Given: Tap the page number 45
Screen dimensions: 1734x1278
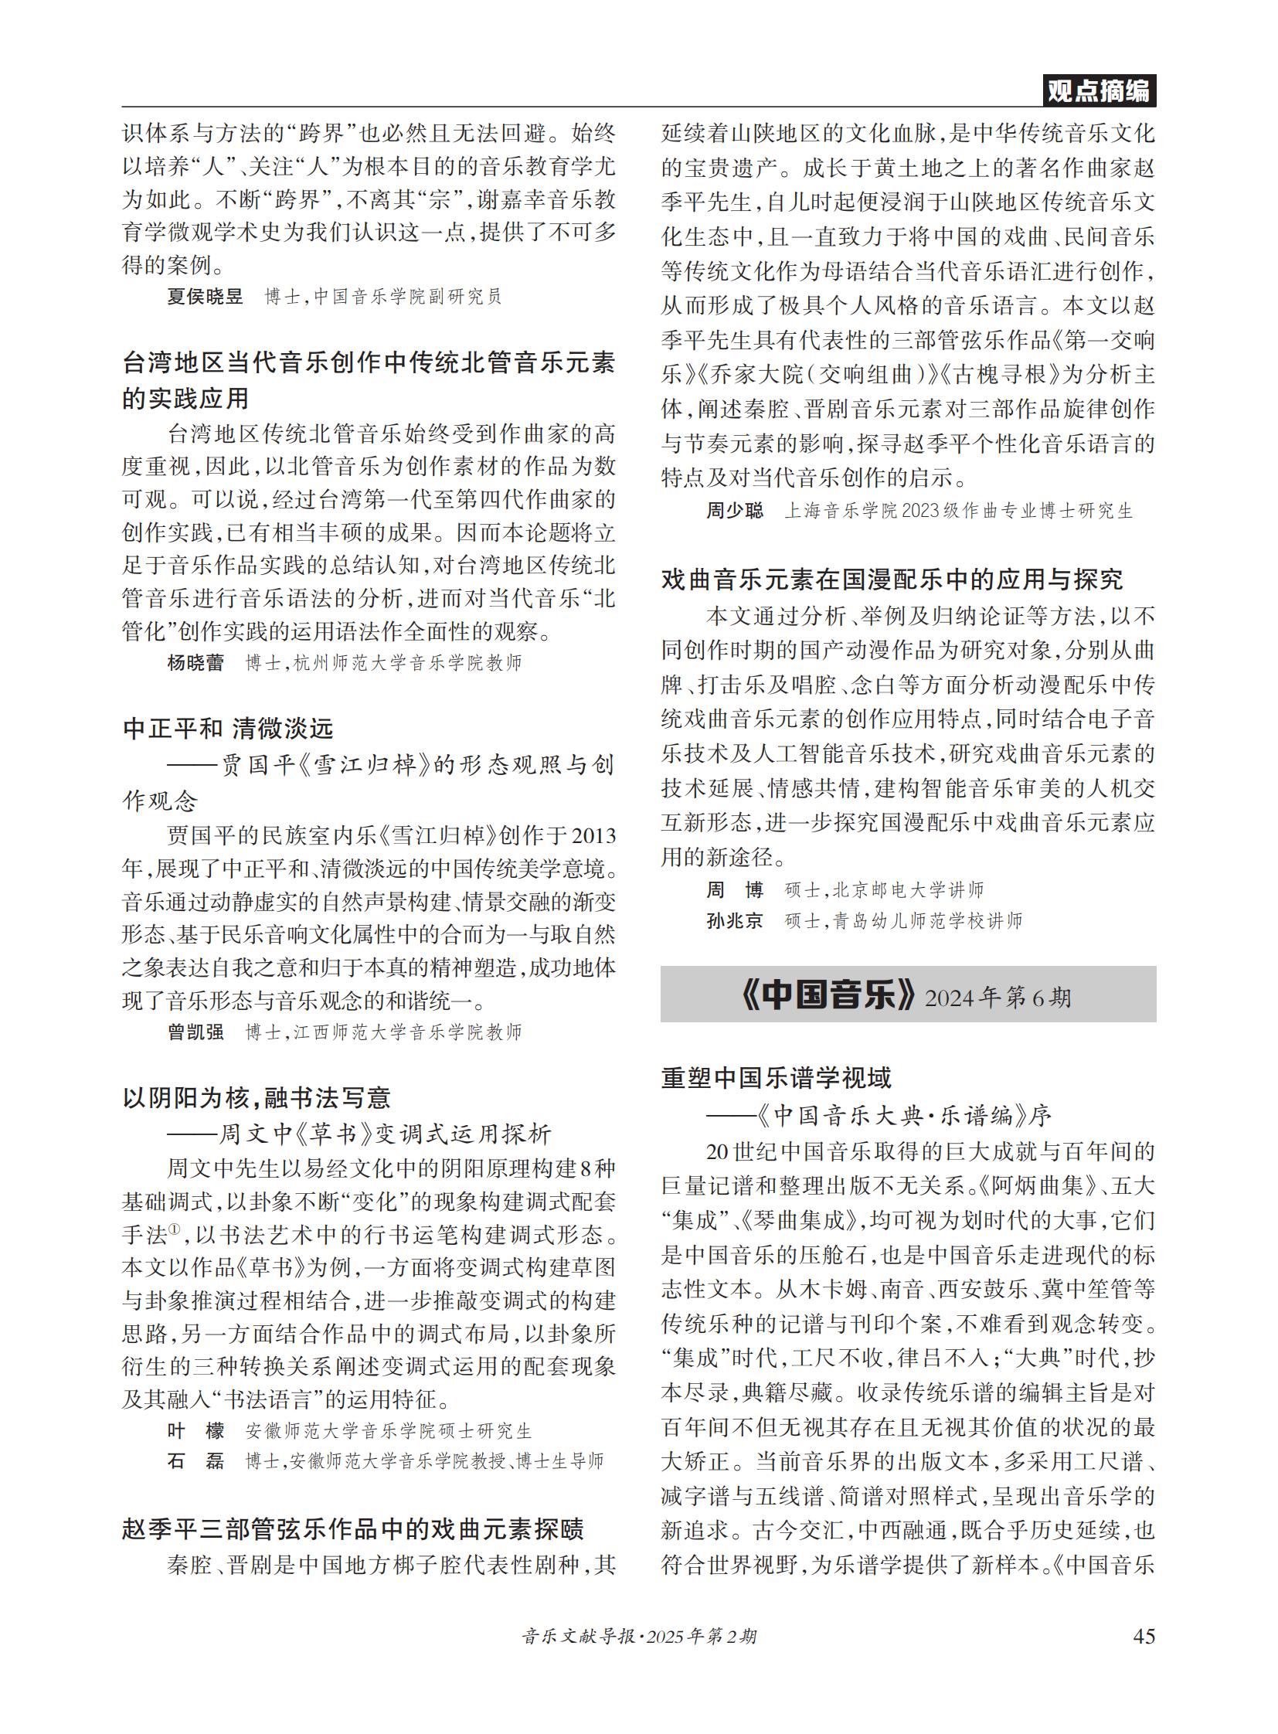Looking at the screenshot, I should click(x=1144, y=1636).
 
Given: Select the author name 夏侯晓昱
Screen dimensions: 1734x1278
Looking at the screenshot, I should click(x=205, y=297).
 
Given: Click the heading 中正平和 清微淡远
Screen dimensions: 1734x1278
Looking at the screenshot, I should click(x=228, y=728).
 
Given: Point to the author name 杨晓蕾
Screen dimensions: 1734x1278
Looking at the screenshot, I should click(x=195, y=663).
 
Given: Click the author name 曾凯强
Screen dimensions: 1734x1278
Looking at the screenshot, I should click(x=195, y=1032).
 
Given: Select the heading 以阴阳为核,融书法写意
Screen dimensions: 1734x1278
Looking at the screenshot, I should click(x=256, y=1097).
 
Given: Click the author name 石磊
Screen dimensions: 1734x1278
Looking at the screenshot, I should click(x=195, y=1461).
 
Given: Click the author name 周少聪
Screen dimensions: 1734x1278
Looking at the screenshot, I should click(x=734, y=511).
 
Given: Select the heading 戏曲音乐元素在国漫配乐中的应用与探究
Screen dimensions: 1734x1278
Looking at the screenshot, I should click(x=892, y=580).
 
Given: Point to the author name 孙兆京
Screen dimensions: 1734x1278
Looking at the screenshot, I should click(x=734, y=921).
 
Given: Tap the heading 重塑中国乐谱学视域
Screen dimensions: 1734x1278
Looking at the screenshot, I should click(x=776, y=1078).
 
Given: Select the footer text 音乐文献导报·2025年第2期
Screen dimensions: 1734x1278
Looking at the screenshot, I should click(x=639, y=1637).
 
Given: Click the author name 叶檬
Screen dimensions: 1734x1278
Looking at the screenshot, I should click(x=195, y=1430).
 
